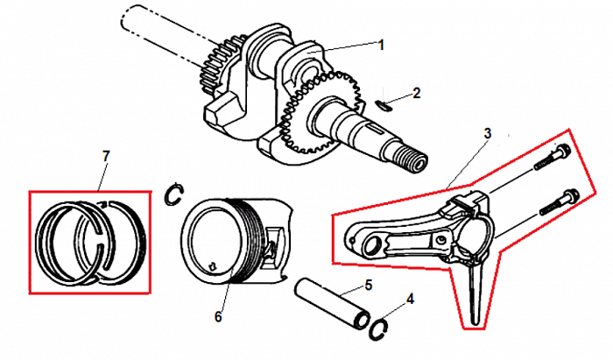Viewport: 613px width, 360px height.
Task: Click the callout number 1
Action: tap(381, 43)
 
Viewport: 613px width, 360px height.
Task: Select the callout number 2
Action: tap(416, 92)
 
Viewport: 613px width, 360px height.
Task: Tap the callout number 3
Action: tap(488, 134)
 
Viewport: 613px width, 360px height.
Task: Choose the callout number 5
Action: tap(369, 285)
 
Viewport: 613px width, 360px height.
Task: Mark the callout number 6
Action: tap(218, 315)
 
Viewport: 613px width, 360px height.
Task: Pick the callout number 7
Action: tap(106, 156)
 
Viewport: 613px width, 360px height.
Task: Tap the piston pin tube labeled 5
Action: tap(335, 303)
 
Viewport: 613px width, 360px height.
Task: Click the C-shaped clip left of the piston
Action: tap(174, 194)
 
